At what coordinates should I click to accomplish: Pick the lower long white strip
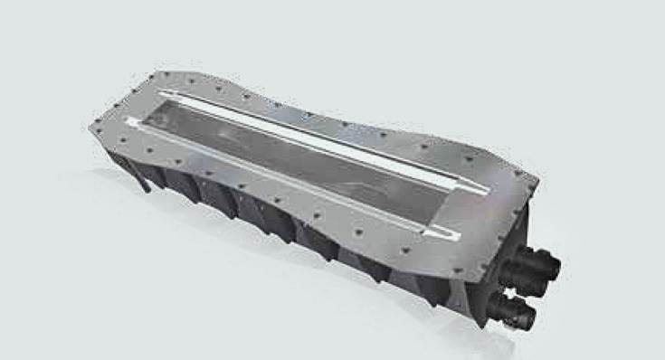click(x=290, y=186)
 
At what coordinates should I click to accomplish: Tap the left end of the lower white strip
click(x=131, y=121)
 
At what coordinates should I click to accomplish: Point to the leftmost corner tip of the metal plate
click(x=90, y=128)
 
